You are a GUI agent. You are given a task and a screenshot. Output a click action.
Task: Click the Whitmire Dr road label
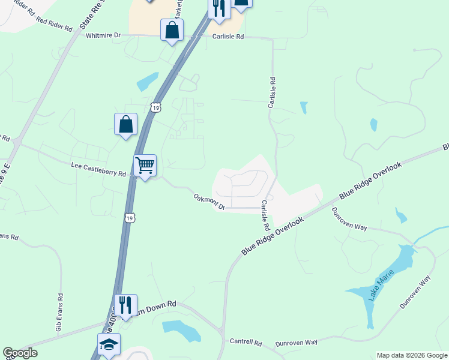click(x=103, y=35)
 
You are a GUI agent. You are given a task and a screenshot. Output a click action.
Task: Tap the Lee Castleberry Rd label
click(x=98, y=169)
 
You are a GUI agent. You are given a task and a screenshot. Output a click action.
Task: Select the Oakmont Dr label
click(x=209, y=202)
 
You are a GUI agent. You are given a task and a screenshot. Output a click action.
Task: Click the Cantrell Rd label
click(x=246, y=342)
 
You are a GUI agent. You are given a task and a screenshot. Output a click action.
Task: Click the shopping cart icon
click(x=145, y=165)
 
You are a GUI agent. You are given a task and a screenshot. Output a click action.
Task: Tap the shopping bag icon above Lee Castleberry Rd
click(x=126, y=124)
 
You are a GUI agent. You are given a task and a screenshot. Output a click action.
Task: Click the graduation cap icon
click(x=109, y=344)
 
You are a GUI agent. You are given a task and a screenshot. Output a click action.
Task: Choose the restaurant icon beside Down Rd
click(x=125, y=305)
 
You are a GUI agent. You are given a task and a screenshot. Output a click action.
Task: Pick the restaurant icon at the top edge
click(x=218, y=8)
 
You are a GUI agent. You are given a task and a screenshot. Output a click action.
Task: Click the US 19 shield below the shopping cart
click(x=130, y=217)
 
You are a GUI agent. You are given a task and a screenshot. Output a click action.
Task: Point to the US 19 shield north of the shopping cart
click(x=155, y=107)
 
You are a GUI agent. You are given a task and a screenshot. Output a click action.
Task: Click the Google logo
click(x=20, y=353)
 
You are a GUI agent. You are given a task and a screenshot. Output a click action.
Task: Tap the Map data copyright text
click(x=412, y=355)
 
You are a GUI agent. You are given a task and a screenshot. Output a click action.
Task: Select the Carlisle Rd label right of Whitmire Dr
click(x=228, y=37)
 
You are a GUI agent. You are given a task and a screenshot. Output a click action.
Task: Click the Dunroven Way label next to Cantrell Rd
click(x=296, y=343)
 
